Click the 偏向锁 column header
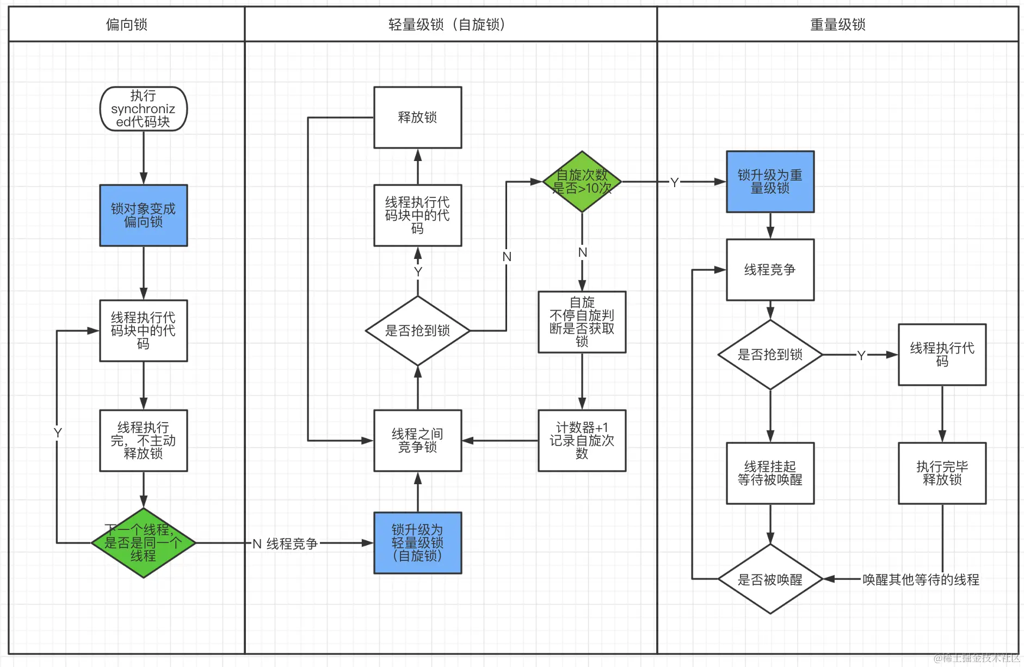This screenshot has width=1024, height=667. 126,24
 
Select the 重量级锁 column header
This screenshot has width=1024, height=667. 837,24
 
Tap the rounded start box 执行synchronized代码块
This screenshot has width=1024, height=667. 143,109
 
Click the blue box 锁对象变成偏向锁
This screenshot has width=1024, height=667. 143,215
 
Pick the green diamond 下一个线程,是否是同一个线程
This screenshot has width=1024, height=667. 143,543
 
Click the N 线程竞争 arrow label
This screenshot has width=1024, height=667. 285,544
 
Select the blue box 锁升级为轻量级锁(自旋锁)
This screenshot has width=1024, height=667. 417,543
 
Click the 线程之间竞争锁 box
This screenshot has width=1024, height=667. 417,441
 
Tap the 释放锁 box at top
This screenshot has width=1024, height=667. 417,118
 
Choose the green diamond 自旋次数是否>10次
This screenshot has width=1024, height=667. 582,182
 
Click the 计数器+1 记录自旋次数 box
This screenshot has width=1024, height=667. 582,441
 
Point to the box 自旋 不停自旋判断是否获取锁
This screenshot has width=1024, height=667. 582,322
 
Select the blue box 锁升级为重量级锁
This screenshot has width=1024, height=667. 770,182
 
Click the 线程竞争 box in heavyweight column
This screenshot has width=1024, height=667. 770,270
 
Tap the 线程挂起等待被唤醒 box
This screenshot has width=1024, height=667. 770,473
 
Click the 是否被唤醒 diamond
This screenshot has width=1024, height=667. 770,579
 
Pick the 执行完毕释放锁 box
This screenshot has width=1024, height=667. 942,473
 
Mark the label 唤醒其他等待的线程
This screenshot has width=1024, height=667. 921,580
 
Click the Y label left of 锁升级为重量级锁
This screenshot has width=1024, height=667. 674,182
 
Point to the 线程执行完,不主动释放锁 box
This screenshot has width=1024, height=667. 143,441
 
